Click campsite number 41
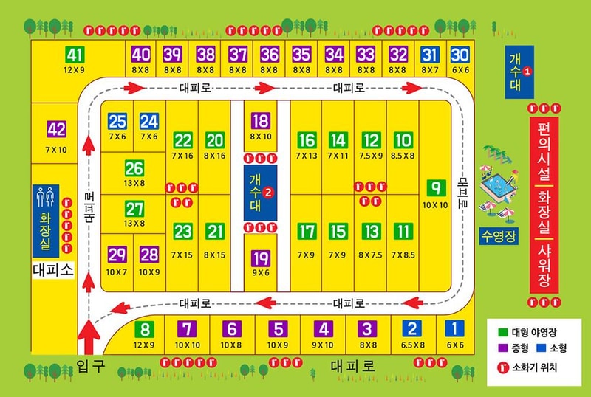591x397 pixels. (75, 55)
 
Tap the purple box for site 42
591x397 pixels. (56, 129)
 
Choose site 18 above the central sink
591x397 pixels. (260, 122)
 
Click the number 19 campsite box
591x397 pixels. (260, 258)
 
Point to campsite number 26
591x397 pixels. (134, 168)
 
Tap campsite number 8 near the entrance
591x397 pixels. (146, 330)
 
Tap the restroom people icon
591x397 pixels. (47, 196)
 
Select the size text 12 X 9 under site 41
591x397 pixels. (75, 69)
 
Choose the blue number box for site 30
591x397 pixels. (460, 55)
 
